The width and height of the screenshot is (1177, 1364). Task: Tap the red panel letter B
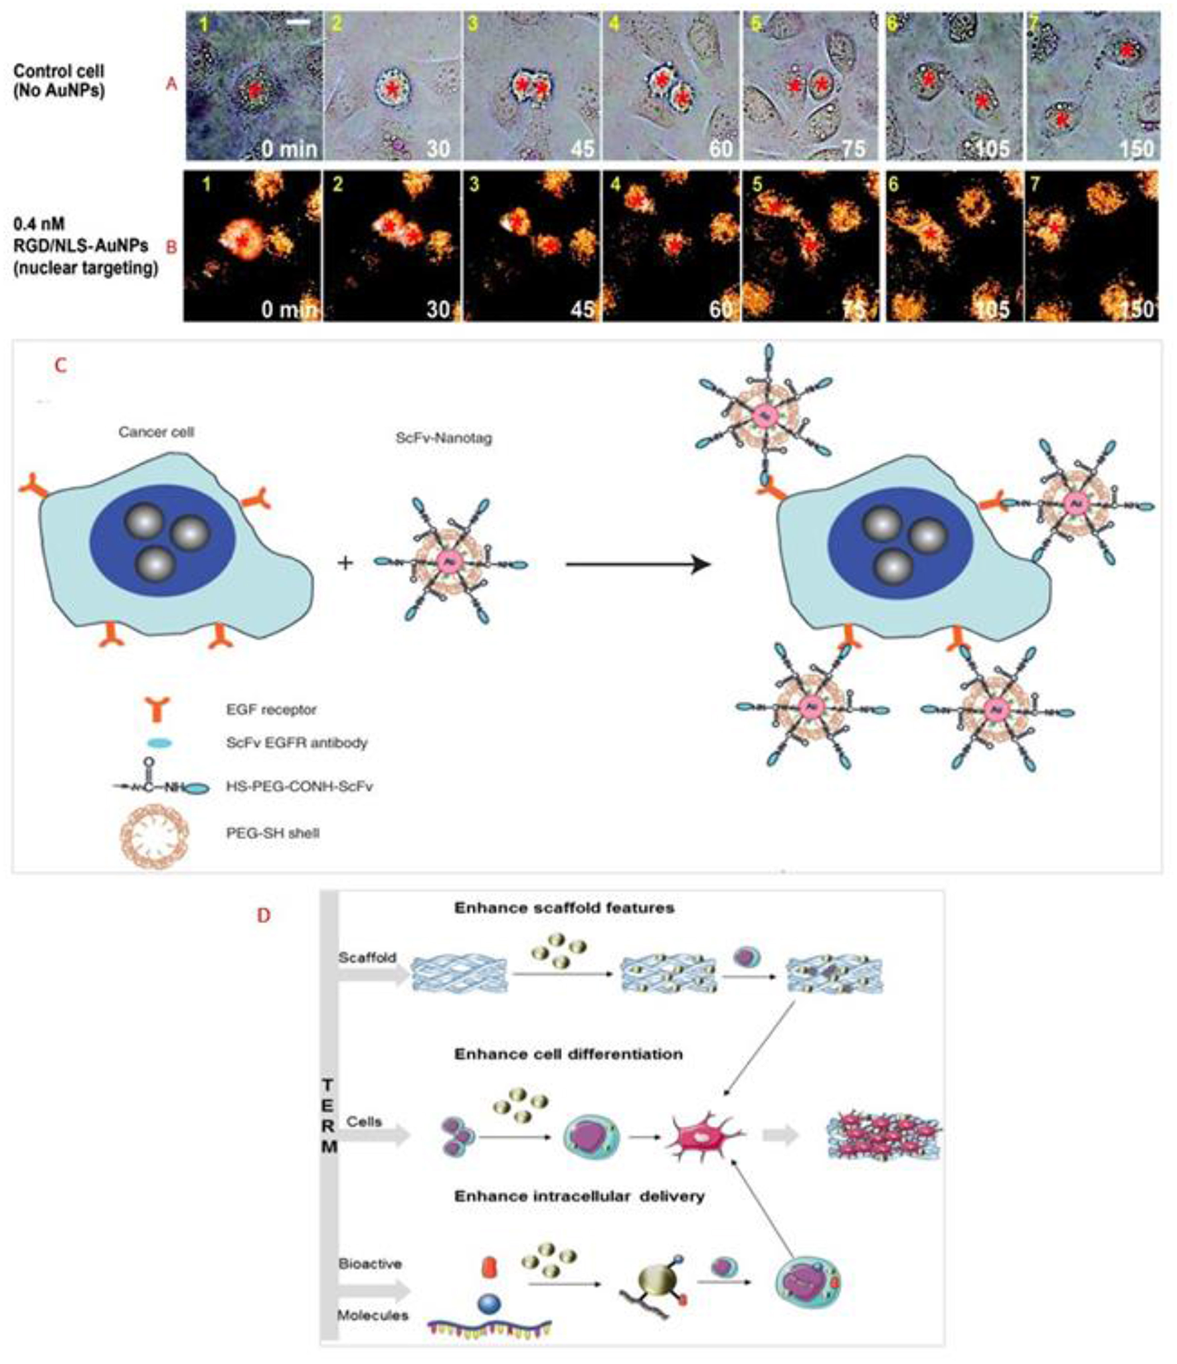click(171, 247)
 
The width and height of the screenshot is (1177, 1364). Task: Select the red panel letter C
click(61, 365)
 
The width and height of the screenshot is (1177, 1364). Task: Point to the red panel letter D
click(264, 915)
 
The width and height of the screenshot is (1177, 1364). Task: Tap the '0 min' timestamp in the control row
click(289, 148)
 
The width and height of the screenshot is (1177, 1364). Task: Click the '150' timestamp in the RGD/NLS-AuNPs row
click(1136, 309)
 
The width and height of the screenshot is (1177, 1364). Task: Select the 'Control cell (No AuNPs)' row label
click(58, 80)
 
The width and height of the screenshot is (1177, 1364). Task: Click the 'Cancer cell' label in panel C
click(156, 432)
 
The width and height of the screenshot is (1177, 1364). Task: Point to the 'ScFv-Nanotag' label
click(444, 438)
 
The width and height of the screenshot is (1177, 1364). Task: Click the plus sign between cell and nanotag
click(345, 563)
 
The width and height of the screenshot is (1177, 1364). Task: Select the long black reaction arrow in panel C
click(638, 565)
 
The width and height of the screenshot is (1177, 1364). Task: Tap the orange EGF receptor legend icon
click(159, 709)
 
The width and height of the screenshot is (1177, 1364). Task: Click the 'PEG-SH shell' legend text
click(272, 833)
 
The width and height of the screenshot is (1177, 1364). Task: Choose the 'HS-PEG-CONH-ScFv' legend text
click(300, 787)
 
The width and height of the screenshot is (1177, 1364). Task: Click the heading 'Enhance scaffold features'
click(564, 908)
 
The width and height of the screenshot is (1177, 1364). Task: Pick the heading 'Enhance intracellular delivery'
click(579, 1196)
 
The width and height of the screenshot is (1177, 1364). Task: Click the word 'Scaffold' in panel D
click(367, 958)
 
